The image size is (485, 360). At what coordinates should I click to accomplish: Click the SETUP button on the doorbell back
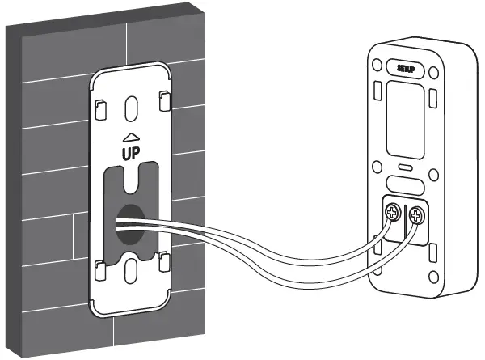(x=407, y=70)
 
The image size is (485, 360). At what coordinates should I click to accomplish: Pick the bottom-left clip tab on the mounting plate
(x=99, y=267)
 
